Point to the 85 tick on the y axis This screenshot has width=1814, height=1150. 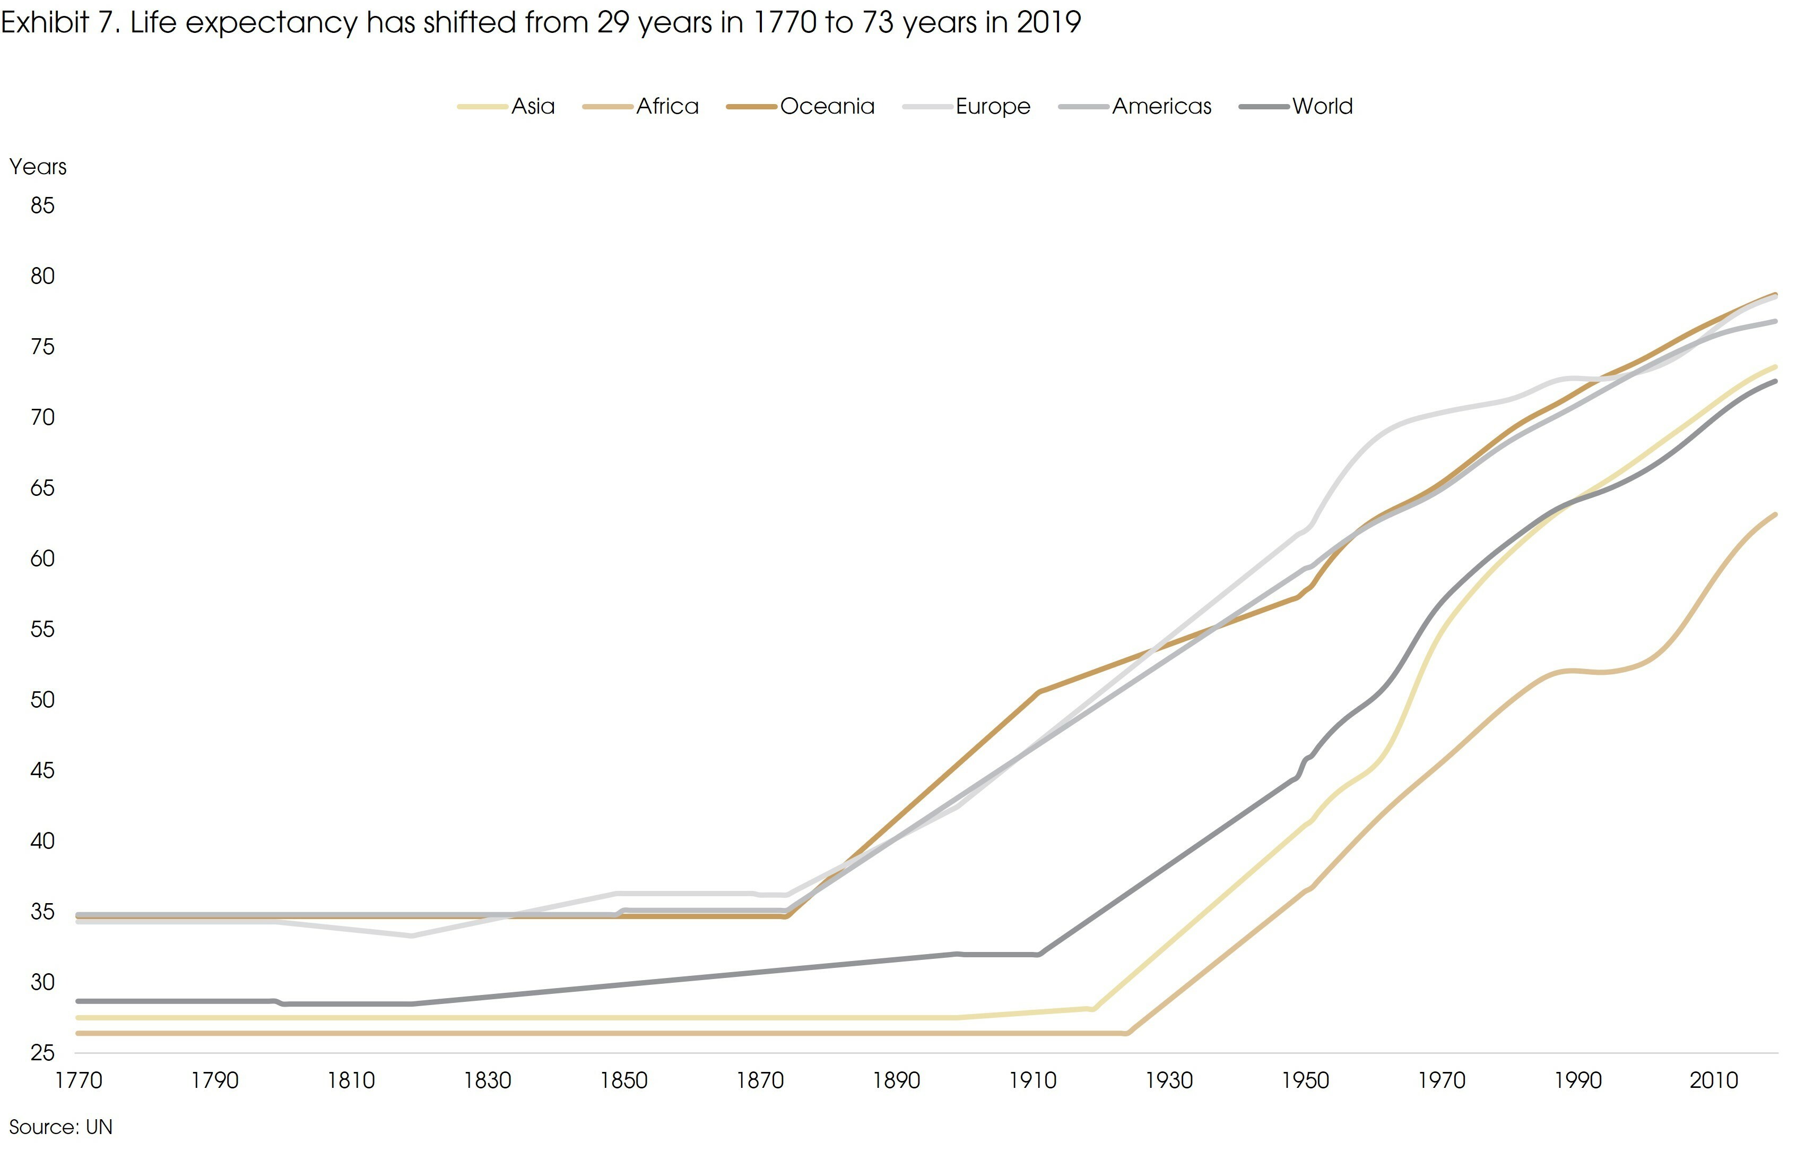coord(43,205)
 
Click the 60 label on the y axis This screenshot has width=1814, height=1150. coord(43,559)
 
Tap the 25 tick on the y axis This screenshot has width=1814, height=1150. coord(43,1053)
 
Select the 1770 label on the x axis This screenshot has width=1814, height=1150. coord(79,1080)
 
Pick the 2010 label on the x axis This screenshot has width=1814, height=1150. coord(1713,1080)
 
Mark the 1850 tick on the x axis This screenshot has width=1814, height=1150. coord(624,1080)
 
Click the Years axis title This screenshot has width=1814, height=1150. coord(38,167)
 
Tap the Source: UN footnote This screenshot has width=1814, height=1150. coord(60,1127)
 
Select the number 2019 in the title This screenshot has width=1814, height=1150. coord(1048,23)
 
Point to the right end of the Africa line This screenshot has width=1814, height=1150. coord(1776,514)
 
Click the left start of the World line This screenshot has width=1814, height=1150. coord(79,1001)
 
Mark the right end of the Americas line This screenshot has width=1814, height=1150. coord(1776,322)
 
